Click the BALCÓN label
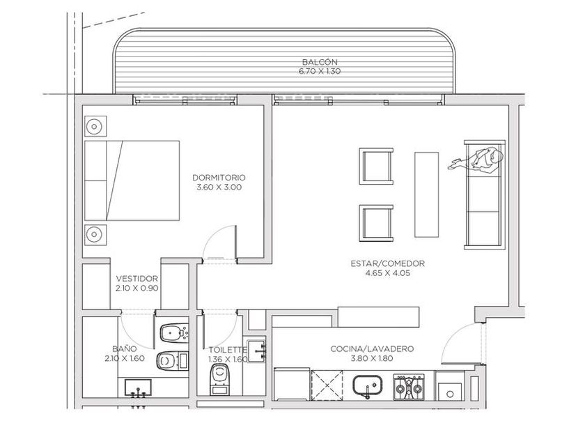coord(320,62)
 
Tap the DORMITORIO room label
coord(219,178)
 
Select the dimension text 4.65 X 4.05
coord(388,273)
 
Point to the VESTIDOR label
coord(137,279)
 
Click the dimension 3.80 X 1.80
coord(372,359)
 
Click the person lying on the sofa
coord(476,160)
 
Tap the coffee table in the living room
coord(426,194)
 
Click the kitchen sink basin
coord(367,386)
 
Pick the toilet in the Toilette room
coord(220,379)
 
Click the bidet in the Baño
coord(174,333)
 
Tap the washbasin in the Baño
coord(138,388)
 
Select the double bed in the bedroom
coord(132,180)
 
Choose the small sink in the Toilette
coord(257,351)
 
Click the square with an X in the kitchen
coord(327,385)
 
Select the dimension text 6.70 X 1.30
coord(320,71)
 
